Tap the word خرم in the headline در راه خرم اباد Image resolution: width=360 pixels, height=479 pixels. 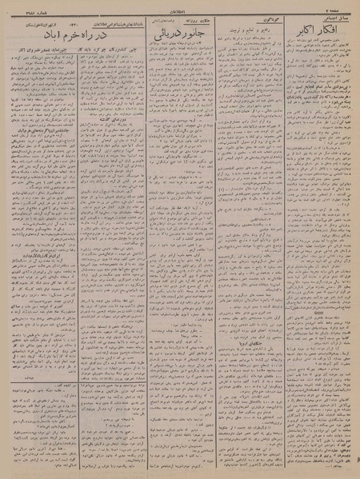click(x=80, y=37)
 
